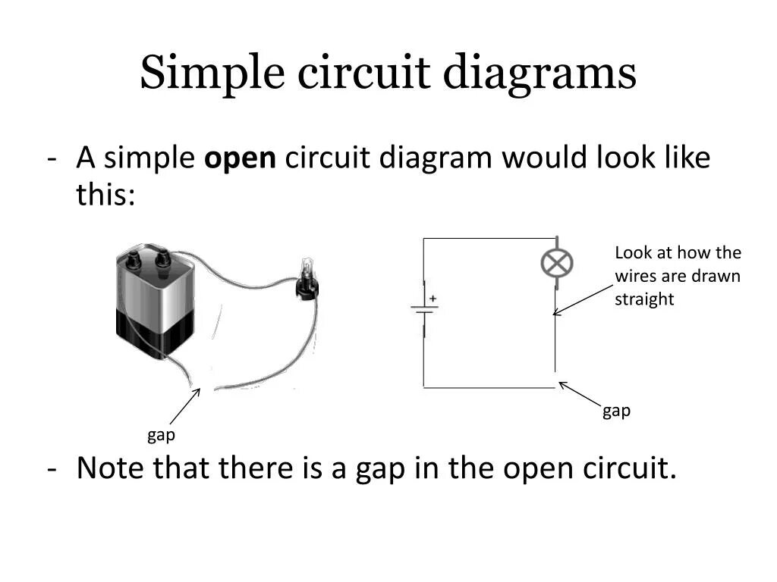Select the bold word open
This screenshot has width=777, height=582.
click(241, 160)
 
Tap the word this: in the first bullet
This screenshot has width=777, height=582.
click(105, 196)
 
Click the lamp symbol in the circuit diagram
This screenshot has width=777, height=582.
click(556, 264)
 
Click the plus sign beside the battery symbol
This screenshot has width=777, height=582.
click(433, 299)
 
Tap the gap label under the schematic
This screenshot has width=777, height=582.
click(616, 411)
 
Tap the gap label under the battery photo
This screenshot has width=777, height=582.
click(161, 435)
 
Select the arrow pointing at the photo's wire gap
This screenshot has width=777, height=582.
click(184, 406)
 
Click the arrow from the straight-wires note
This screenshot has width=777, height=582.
click(582, 300)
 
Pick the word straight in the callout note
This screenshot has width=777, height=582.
click(644, 299)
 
